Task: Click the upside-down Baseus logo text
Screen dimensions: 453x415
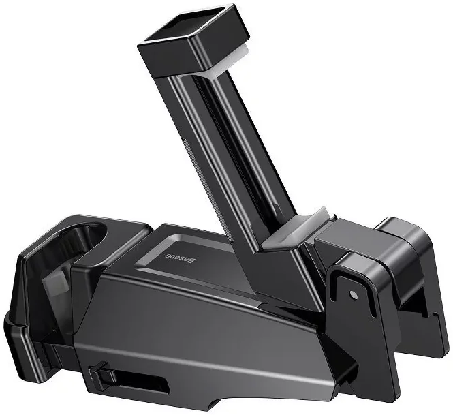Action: pyautogui.click(x=180, y=259)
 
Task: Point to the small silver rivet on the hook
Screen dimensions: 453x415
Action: pyautogui.click(x=353, y=295)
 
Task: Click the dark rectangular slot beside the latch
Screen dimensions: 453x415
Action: pyautogui.click(x=142, y=382)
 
